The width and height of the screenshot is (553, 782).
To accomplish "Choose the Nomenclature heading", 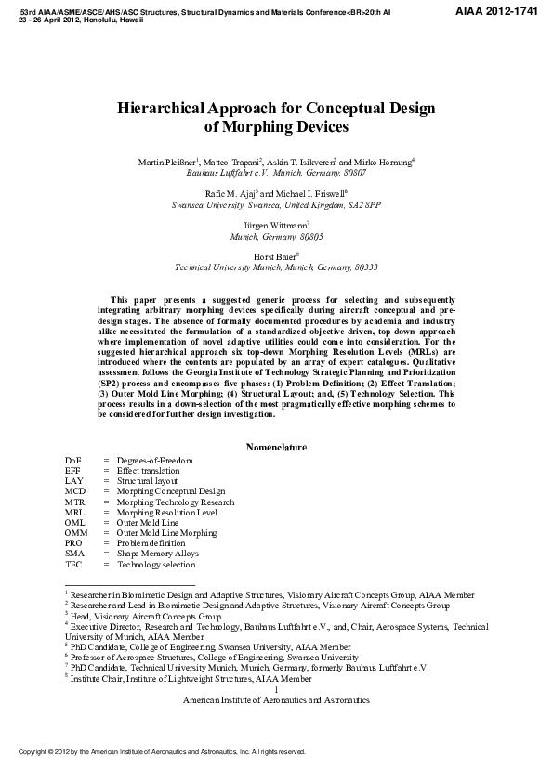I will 276,447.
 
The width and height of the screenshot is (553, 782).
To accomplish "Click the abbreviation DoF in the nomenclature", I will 74,461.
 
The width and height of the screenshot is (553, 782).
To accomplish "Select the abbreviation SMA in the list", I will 74,553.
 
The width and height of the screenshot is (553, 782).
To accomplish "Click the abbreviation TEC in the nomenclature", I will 74,564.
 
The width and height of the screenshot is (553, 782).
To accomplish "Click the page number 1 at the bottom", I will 276,689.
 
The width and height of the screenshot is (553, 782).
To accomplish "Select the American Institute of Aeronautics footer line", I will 276,699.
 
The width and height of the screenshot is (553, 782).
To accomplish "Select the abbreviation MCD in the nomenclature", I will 74,491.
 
